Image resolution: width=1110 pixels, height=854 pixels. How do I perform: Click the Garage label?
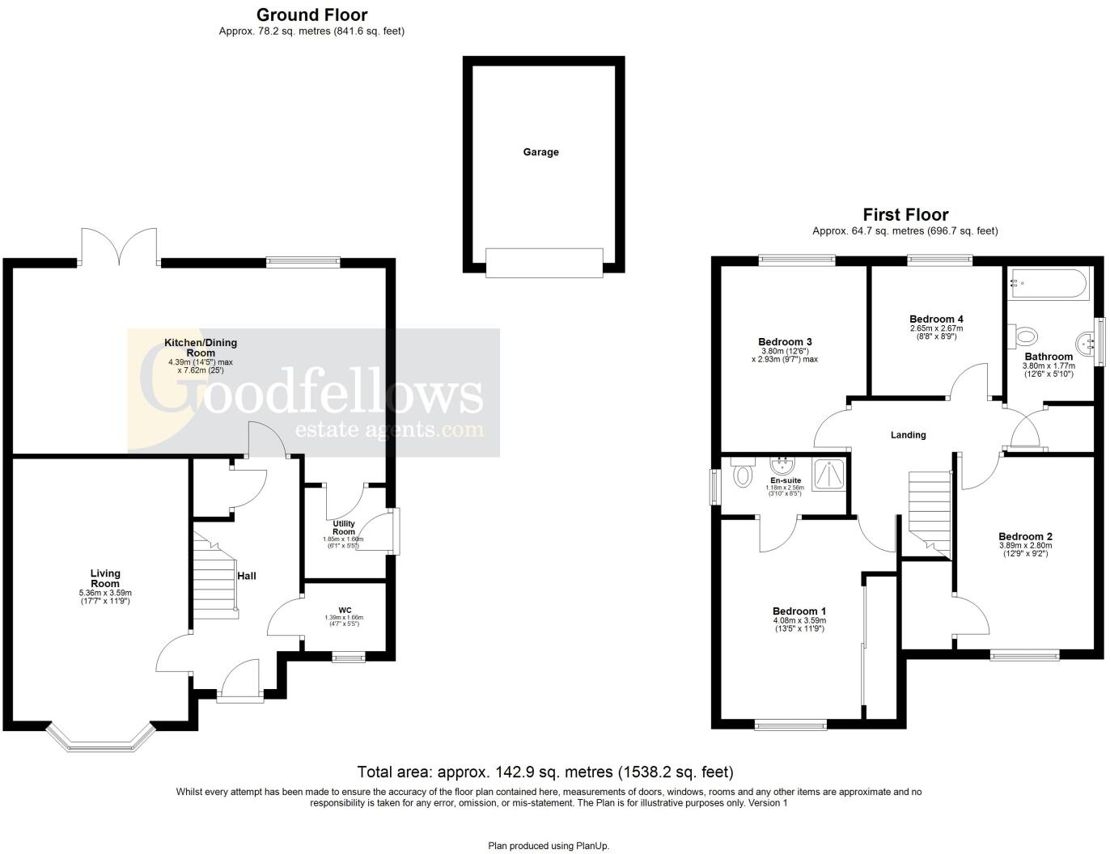540,152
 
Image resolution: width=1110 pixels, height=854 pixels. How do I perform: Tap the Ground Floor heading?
311,15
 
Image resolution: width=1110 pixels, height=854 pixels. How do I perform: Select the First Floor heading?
905,214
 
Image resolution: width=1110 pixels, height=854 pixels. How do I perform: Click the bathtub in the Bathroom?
1049,284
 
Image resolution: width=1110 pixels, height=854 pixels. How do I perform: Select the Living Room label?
105,578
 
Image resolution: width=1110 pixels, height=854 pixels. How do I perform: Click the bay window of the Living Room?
100,738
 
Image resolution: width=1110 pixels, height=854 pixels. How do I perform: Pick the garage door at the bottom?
544,262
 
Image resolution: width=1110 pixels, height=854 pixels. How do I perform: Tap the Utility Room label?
344,527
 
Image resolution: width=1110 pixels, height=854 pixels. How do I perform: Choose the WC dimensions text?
345,620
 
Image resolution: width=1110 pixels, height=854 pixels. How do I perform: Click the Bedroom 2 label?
1025,536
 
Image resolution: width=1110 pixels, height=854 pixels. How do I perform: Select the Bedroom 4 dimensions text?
936,332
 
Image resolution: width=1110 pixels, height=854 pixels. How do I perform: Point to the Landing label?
908,435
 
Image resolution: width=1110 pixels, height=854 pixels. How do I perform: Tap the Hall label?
247,576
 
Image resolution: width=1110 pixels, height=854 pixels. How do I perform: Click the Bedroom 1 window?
790,725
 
